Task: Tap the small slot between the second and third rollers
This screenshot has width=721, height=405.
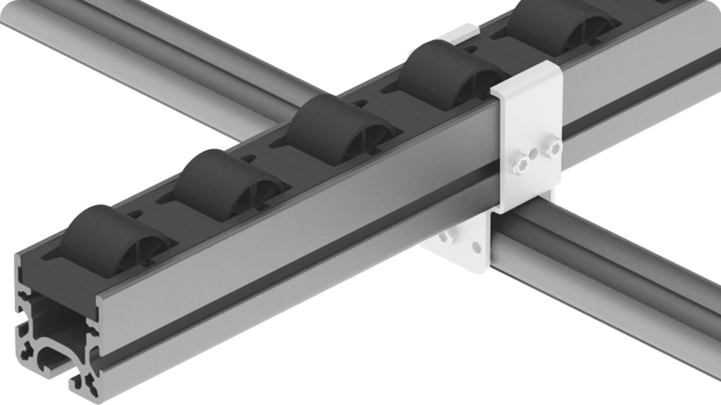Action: click(x=246, y=159)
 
